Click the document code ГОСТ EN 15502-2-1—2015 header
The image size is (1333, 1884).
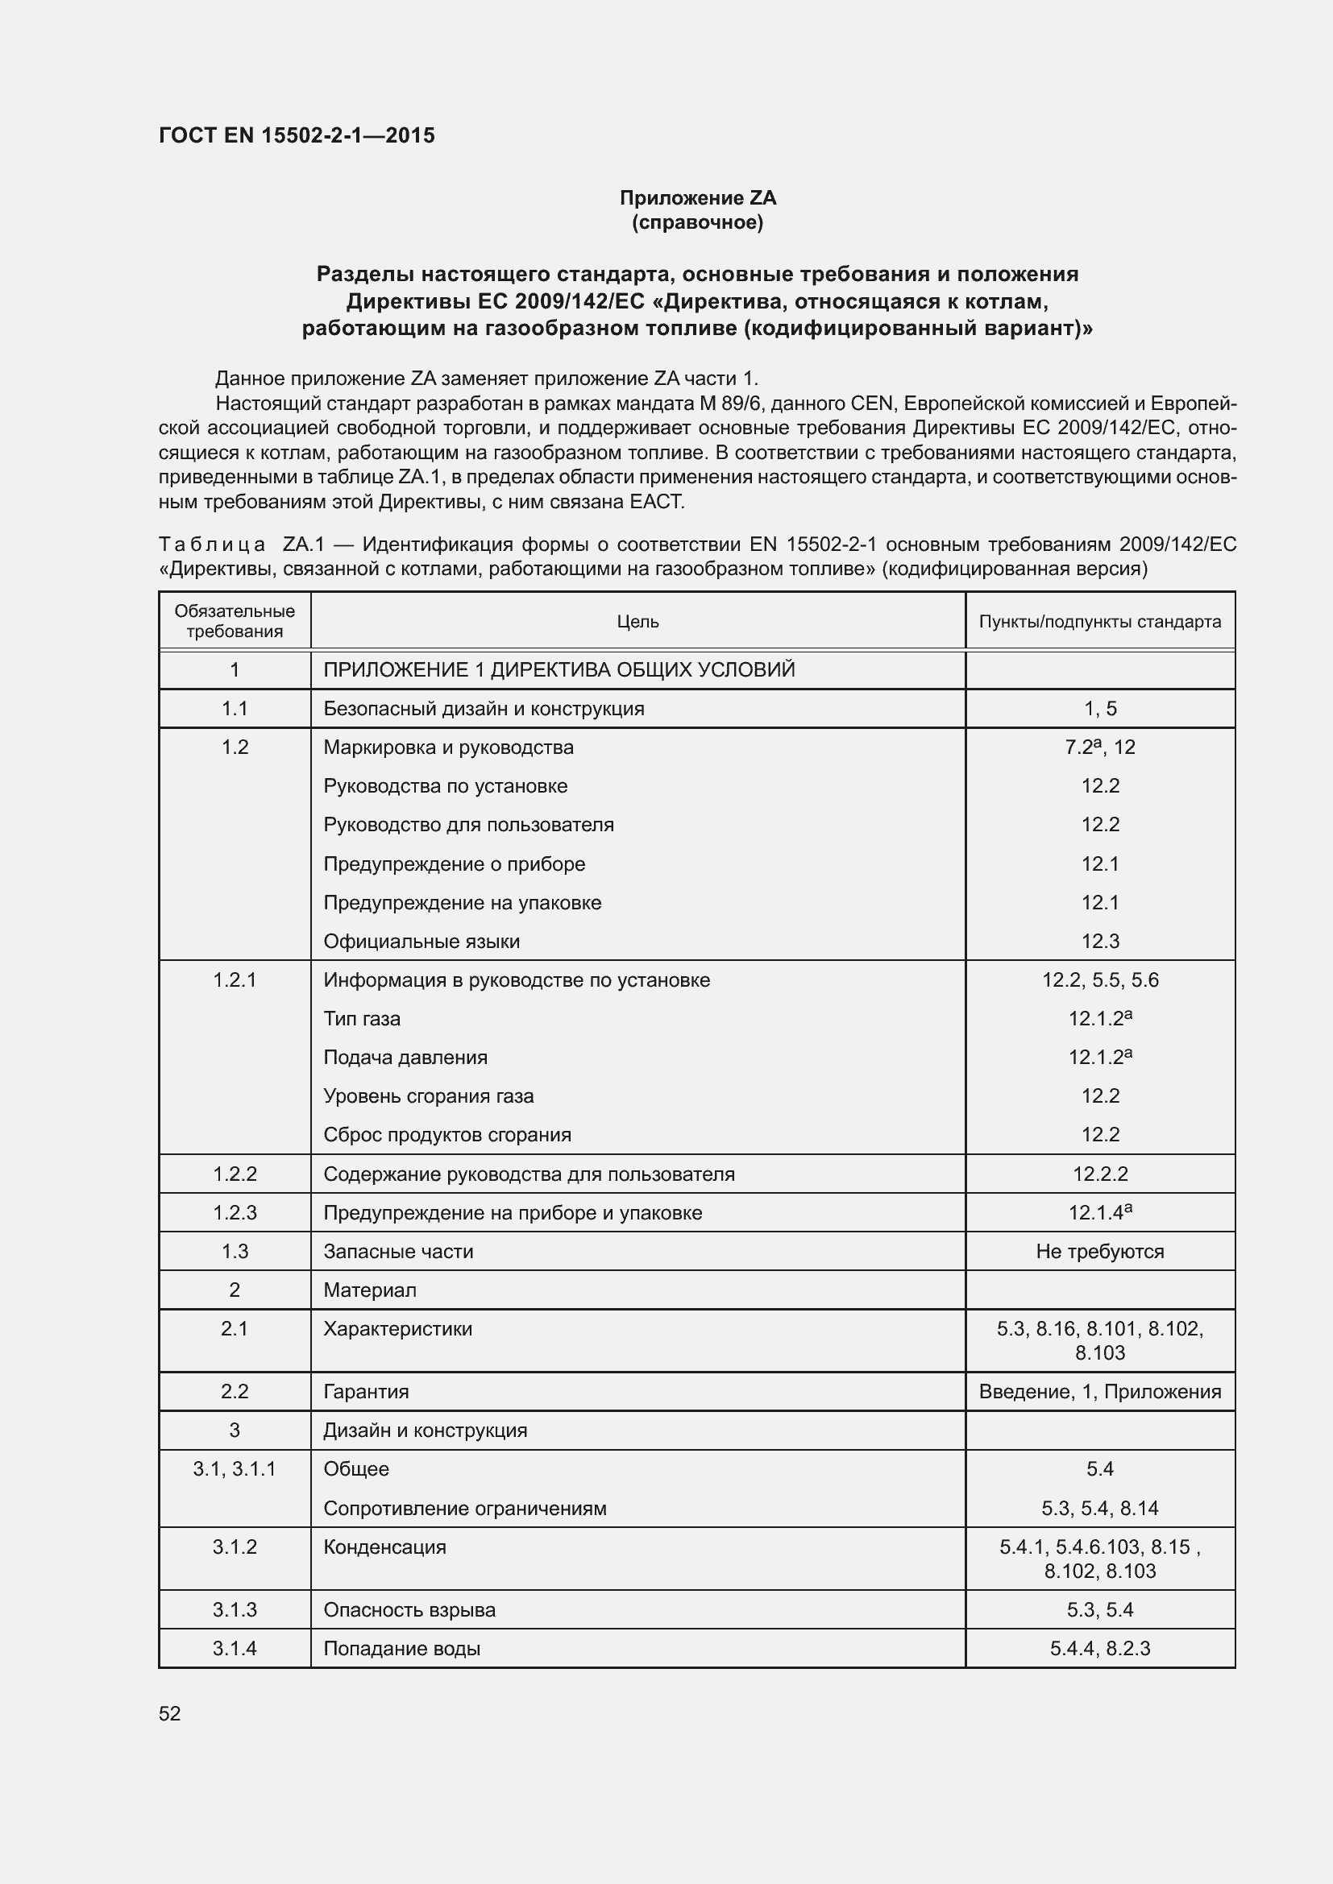(297, 135)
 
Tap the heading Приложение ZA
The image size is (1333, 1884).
(698, 198)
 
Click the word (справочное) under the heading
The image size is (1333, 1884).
(698, 222)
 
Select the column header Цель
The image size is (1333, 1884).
(637, 622)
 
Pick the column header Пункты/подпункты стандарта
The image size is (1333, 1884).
(1100, 622)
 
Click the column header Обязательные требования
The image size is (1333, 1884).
(235, 621)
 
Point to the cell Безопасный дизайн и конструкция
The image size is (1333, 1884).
(484, 708)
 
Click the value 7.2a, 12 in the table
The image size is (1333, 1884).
(1100, 747)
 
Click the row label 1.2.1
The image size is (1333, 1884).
(235, 979)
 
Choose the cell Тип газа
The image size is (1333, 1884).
(362, 1018)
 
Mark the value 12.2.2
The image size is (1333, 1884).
(1100, 1174)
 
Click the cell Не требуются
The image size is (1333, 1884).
(1100, 1252)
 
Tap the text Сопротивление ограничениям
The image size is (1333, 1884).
(464, 1508)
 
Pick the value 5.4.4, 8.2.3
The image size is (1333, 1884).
(1100, 1649)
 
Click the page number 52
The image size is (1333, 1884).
(170, 1713)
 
